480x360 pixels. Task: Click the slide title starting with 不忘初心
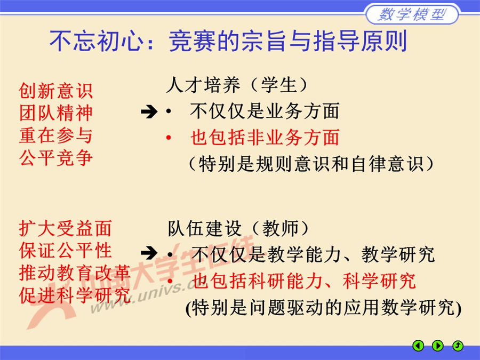(x=228, y=42)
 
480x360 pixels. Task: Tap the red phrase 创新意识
(x=55, y=91)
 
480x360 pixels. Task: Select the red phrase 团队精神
(x=55, y=113)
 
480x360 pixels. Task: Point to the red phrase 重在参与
(x=55, y=135)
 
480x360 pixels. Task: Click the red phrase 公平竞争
(x=55, y=158)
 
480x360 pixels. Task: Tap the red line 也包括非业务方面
(x=265, y=138)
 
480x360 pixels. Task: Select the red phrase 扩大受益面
(x=65, y=228)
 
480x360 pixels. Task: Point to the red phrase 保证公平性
(x=65, y=250)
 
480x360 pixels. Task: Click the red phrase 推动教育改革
(x=75, y=273)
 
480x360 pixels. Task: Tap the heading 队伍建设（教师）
(x=238, y=228)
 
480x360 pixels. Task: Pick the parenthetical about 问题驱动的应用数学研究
(x=323, y=308)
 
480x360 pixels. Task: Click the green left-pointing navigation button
(x=419, y=346)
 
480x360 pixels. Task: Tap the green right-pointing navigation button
(x=438, y=346)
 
